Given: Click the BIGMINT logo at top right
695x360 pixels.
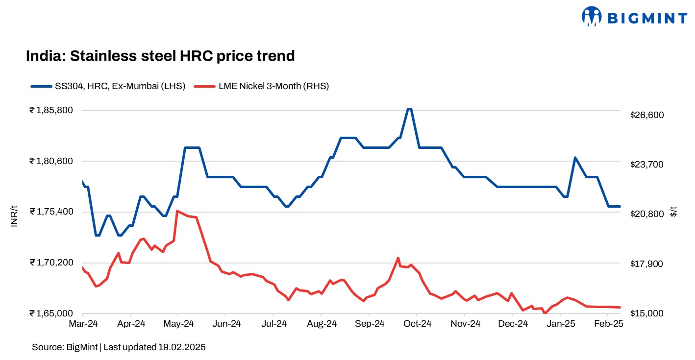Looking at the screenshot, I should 634,18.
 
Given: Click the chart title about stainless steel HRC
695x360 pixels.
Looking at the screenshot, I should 160,56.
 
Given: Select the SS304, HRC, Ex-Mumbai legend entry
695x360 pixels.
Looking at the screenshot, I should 108,86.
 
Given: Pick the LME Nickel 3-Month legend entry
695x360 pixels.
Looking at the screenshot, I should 262,86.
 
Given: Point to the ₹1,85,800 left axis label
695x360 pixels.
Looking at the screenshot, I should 51,110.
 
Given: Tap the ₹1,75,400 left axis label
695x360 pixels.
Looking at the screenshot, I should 51,212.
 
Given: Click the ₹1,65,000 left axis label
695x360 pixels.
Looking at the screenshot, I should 51,313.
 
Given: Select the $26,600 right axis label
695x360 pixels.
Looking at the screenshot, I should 646,115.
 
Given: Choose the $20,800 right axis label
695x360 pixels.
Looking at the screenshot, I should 646,214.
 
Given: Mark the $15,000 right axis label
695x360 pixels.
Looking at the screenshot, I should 646,313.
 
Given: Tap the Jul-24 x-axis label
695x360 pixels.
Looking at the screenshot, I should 273,324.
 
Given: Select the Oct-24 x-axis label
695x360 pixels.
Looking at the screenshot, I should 417,324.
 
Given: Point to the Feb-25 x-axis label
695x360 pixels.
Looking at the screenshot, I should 608,324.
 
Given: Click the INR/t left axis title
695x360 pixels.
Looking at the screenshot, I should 14,216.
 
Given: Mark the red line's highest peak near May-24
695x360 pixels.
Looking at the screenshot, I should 177,211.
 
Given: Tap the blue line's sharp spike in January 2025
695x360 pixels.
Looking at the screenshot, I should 575,158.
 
